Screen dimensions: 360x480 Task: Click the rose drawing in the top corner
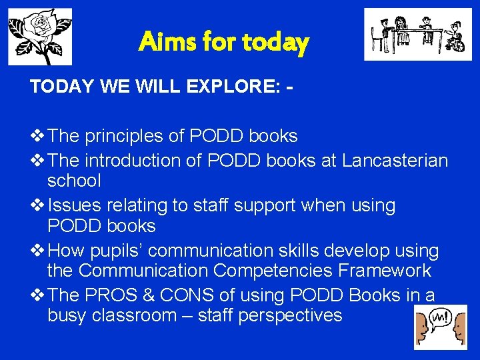39,36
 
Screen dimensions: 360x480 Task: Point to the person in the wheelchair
454,38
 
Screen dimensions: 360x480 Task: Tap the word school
74,181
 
